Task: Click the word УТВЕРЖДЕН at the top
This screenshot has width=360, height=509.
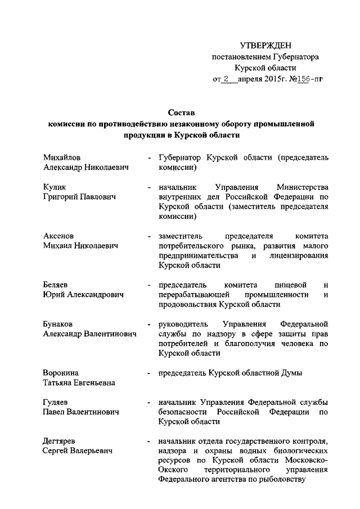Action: [266, 45]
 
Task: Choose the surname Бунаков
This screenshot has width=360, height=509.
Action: [58, 324]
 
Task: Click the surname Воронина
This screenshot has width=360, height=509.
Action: [61, 373]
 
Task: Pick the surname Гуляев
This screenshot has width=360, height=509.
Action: [56, 402]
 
